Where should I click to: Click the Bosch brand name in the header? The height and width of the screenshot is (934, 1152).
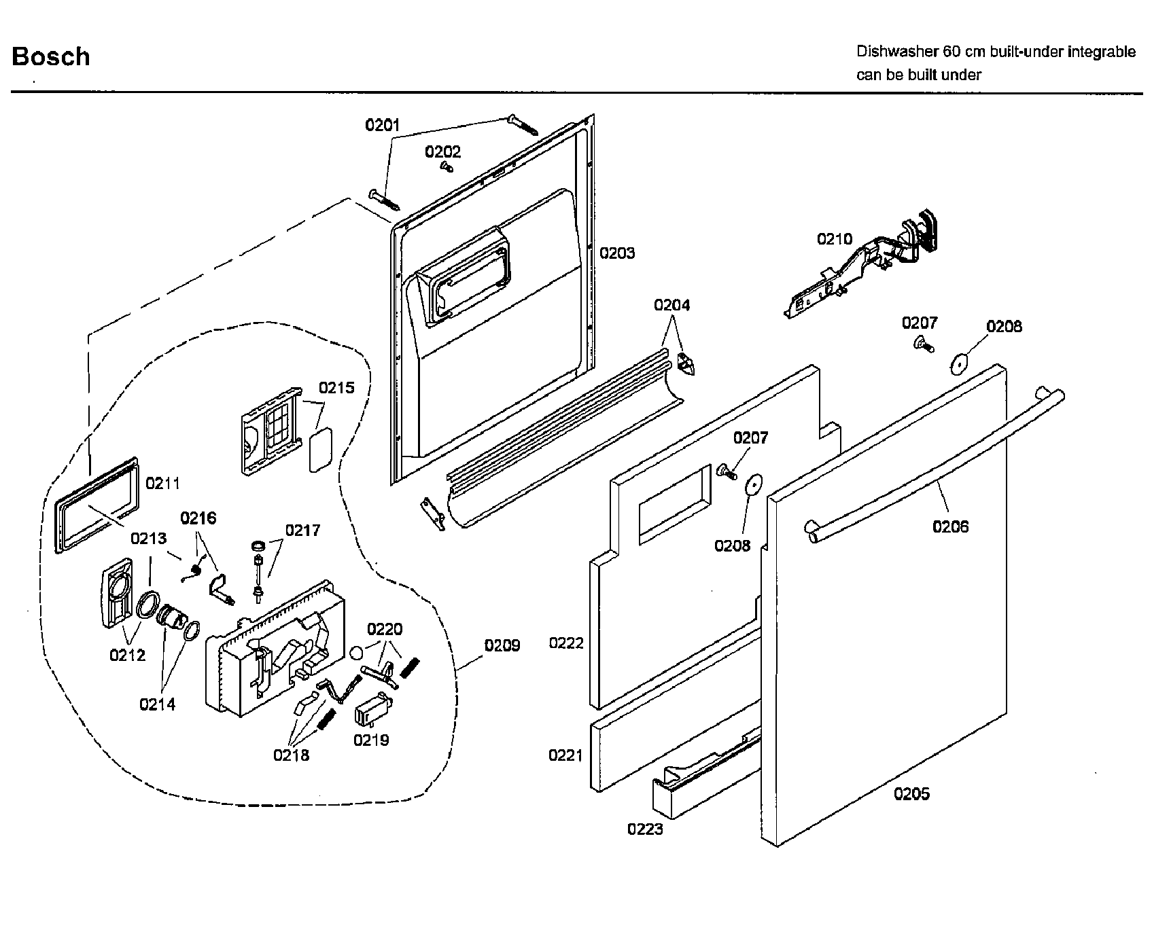[51, 56]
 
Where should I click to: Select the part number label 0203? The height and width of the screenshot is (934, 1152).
[617, 253]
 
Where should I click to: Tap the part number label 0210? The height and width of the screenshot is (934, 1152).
[834, 239]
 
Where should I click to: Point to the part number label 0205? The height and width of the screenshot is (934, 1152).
[911, 793]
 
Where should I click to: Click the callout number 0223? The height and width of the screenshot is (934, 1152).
[645, 829]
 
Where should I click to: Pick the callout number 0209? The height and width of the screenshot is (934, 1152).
[502, 645]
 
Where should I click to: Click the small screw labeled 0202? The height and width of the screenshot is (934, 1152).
[447, 165]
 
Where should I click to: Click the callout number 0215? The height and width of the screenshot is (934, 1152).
[336, 388]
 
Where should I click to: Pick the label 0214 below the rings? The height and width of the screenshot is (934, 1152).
[157, 704]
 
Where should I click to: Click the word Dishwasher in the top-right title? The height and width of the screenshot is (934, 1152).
[897, 52]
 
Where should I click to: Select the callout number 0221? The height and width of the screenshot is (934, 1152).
[566, 755]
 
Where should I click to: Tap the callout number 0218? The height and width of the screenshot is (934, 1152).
[291, 755]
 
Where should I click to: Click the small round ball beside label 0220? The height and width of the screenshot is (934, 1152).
[357, 653]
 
